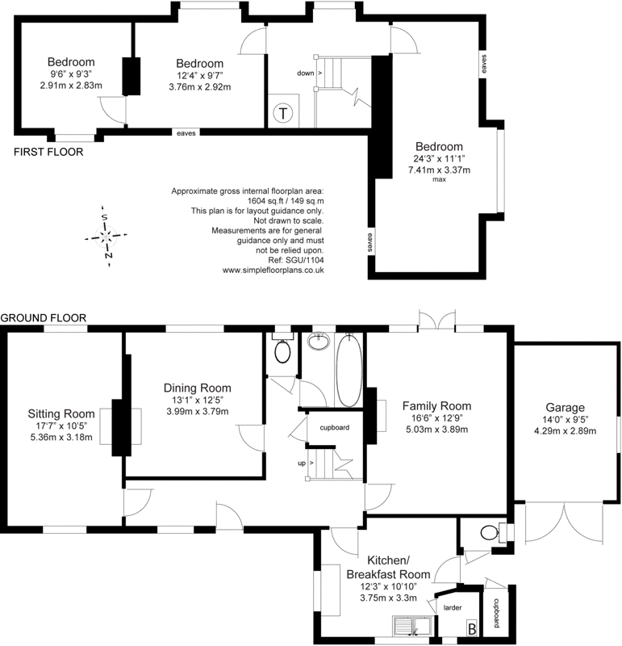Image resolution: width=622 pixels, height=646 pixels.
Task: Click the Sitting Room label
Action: click(x=61, y=413)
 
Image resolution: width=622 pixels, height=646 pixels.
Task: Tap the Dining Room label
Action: click(x=197, y=388)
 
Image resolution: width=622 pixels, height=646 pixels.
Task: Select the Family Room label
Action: click(x=436, y=406)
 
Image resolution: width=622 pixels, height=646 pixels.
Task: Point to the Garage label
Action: click(x=565, y=408)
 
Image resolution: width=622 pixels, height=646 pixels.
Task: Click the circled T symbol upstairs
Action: click(x=283, y=113)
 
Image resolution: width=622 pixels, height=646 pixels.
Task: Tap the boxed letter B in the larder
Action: click(x=472, y=629)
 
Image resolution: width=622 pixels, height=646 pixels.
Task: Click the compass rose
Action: click(x=106, y=237)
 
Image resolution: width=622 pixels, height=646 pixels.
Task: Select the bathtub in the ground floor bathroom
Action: click(x=349, y=371)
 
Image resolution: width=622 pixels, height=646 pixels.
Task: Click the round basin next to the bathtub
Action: click(x=319, y=342)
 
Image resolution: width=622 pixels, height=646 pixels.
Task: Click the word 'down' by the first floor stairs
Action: click(x=306, y=73)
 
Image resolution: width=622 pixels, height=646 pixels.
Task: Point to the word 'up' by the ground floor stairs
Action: click(x=302, y=463)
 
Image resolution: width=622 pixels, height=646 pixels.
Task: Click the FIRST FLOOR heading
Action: click(x=48, y=152)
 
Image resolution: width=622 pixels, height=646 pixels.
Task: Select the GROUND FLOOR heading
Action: click(x=44, y=318)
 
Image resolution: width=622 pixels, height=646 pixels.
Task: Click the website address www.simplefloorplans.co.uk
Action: click(x=273, y=271)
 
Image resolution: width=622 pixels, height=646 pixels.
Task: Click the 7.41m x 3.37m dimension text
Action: click(x=439, y=170)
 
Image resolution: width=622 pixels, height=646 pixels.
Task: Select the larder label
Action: click(x=453, y=608)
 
